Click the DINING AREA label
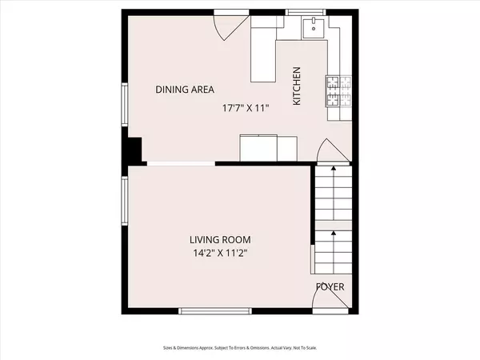coord(185,90)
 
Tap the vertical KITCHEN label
coord(296,86)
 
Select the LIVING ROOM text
coord(220,239)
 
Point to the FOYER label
coord(330,286)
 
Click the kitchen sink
coord(312,30)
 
